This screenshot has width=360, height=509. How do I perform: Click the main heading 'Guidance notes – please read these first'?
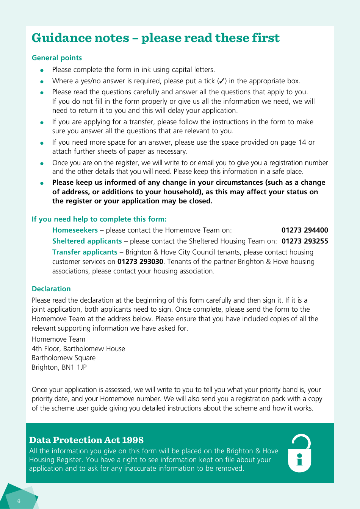(x=155, y=38)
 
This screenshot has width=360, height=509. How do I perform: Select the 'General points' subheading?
(x=57, y=58)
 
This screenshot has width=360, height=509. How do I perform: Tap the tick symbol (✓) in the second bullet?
(x=222, y=81)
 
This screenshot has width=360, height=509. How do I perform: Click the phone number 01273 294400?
(x=305, y=230)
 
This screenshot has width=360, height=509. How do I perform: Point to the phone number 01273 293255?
(x=305, y=241)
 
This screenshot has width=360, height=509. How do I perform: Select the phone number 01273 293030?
(x=140, y=262)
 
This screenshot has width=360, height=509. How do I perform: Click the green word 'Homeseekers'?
(x=75, y=230)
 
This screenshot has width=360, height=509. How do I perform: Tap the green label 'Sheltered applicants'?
(x=87, y=241)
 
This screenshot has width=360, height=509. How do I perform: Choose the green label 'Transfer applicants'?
(x=85, y=252)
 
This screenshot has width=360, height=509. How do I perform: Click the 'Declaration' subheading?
(x=51, y=289)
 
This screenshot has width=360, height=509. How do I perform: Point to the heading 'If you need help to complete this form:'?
(x=99, y=219)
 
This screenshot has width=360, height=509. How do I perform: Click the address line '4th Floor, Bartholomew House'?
(x=78, y=349)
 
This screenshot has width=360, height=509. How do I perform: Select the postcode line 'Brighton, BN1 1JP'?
(x=59, y=367)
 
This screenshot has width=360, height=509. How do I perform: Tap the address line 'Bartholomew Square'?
(x=64, y=358)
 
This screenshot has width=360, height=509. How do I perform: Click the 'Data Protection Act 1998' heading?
(x=86, y=440)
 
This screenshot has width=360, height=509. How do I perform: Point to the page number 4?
(x=19, y=501)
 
